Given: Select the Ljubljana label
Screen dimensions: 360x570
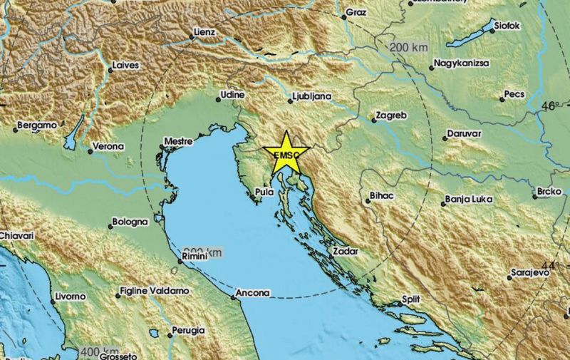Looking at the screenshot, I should (313, 95).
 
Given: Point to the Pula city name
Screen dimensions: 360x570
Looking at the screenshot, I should (264, 191).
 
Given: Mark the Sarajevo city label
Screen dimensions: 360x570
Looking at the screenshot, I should (529, 273).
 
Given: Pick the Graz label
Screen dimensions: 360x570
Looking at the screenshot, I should (355, 13).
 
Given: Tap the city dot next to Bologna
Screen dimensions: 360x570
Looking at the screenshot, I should (111, 227).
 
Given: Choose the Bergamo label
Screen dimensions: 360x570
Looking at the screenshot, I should (37, 125).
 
